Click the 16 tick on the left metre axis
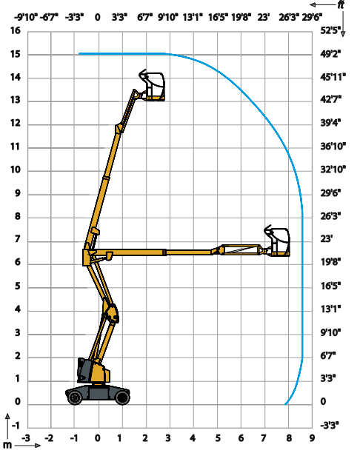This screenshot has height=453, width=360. click(16, 30)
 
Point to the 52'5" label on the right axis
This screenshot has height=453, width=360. click(330, 30)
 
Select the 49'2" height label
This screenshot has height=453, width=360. click(330, 54)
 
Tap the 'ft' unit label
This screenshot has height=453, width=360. click(341, 5)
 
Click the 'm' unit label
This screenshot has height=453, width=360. click(7, 445)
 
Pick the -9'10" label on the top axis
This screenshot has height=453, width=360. click(26, 17)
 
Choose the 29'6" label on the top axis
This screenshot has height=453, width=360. click(312, 17)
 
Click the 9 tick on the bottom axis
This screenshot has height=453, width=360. click(312, 438)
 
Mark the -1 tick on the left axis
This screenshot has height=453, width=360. click(16, 426)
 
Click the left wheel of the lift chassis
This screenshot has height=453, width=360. click(75, 397)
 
